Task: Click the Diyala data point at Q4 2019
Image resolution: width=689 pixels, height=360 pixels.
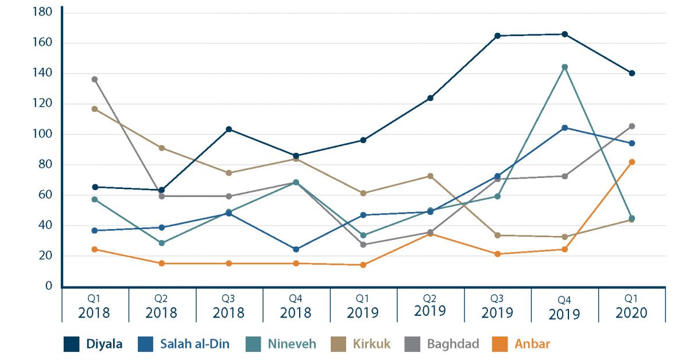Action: [x=564, y=34]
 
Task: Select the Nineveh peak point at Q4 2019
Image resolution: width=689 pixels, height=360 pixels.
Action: [x=564, y=67]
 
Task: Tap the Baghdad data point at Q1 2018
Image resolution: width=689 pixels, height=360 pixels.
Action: [x=95, y=79]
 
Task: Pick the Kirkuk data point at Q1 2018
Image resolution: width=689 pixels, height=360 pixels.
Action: [x=95, y=109]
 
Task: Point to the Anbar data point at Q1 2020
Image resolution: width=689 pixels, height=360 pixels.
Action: [x=632, y=162]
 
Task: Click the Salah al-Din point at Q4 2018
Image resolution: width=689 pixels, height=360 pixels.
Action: [x=296, y=249]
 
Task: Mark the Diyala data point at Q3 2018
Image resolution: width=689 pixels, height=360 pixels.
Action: [x=229, y=129]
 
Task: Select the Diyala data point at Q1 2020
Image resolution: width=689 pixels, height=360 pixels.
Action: [x=632, y=73]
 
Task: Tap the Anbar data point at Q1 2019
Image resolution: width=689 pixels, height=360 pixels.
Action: [x=363, y=265]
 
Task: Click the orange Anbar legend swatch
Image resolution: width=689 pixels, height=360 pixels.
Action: [x=500, y=344]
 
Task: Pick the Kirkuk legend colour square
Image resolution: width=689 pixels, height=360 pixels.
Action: [x=339, y=344]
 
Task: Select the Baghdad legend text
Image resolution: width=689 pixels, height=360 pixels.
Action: [x=453, y=344]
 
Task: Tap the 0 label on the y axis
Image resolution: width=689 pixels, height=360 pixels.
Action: [x=49, y=286]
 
